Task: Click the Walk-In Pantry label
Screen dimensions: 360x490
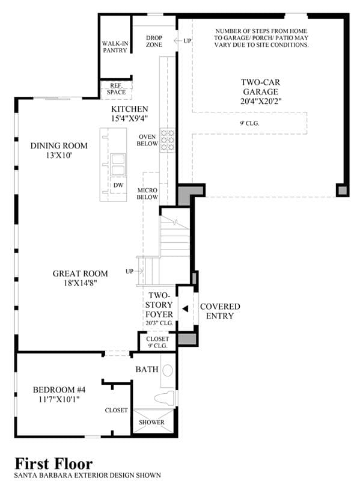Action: [115, 47]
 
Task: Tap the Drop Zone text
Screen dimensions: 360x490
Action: [154, 41]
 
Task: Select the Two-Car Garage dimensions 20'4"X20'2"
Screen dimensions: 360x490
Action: [261, 101]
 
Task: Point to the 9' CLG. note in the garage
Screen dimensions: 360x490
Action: [249, 123]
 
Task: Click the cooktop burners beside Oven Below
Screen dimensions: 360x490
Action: [167, 140]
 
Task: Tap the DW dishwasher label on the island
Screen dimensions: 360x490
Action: [118, 185]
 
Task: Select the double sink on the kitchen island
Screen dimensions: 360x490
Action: [118, 164]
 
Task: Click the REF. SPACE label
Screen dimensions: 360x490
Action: [116, 89]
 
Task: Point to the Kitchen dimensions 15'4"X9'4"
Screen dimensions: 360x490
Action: [129, 118]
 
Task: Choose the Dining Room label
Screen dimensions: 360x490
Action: [59, 145]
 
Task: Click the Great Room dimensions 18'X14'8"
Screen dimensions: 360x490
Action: [81, 283]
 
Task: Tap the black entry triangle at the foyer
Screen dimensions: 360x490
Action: [185, 309]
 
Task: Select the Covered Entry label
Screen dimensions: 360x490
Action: [220, 311]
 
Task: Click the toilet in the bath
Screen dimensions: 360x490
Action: [165, 398]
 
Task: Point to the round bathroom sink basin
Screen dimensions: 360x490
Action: [168, 370]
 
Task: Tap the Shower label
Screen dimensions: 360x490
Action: [151, 422]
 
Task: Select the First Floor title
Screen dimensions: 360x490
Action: [53, 464]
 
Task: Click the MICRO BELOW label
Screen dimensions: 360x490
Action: [147, 194]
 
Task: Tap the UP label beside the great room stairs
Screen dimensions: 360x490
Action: [129, 271]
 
